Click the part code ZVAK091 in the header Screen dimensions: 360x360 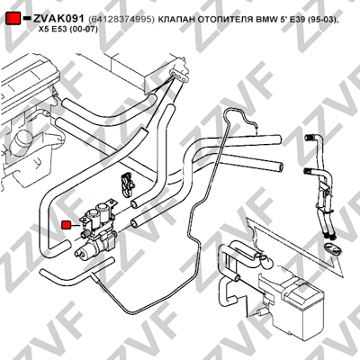pos(58,19)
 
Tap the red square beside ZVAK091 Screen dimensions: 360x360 pos(13,19)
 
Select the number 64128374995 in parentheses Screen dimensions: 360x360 pos(121,20)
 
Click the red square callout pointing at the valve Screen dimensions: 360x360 pos(66,225)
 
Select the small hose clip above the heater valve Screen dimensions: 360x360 pos(128,184)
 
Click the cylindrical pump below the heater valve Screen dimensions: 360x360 pos(87,251)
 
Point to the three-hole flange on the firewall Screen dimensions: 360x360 pos(179,76)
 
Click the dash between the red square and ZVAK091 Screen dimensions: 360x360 pos(27,18)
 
